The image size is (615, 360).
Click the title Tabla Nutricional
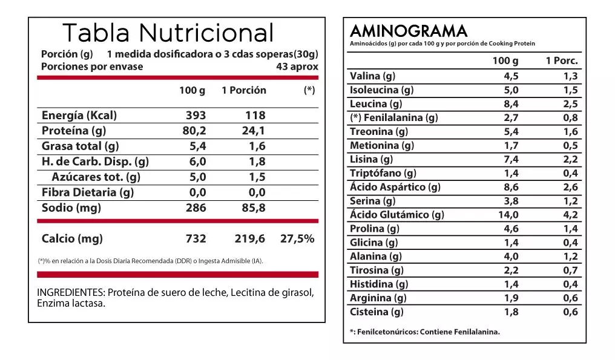(x=168, y=33)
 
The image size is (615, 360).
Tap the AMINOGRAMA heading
(x=409, y=31)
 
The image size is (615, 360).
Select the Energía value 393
(x=196, y=115)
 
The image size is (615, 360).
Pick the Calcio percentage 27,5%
(x=297, y=238)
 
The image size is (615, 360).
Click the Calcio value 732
(x=196, y=238)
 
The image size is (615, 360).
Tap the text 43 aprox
(x=297, y=67)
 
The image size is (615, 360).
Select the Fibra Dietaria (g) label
(x=88, y=192)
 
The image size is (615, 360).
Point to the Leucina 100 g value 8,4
(x=511, y=104)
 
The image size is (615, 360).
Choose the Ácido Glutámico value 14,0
(x=508, y=215)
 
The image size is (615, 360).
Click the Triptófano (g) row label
(x=383, y=174)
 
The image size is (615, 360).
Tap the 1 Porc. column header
(x=562, y=61)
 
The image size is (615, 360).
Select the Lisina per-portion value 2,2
(x=570, y=160)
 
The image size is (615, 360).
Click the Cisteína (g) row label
(x=377, y=312)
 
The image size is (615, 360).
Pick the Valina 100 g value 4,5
(x=511, y=76)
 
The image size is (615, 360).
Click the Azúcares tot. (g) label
(x=96, y=177)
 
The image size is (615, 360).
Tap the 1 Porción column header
(x=243, y=90)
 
